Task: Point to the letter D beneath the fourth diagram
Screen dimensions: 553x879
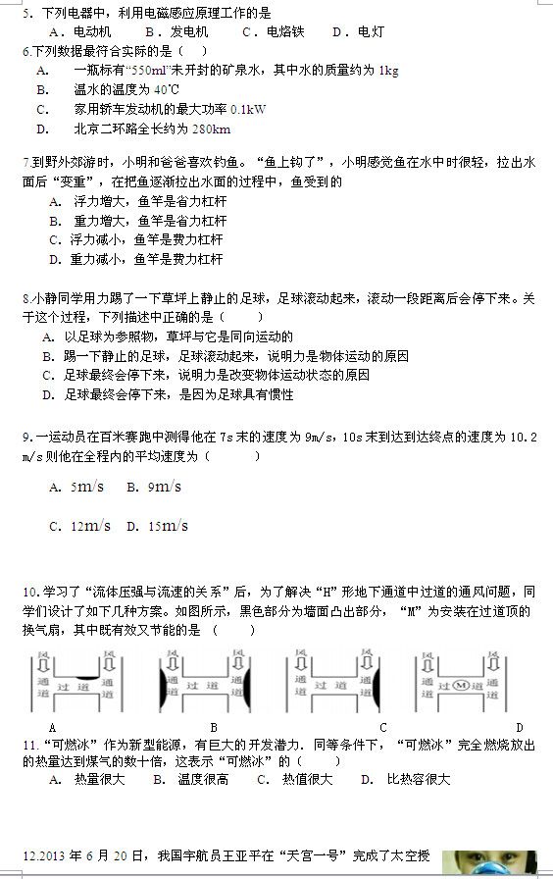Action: [519, 727]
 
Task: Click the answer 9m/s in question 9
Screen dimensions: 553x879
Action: [165, 487]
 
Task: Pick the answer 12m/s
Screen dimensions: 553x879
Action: [90, 526]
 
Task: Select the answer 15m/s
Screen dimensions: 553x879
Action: [168, 526]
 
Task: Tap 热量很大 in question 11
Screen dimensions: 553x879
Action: [99, 779]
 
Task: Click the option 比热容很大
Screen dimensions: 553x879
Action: [418, 779]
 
